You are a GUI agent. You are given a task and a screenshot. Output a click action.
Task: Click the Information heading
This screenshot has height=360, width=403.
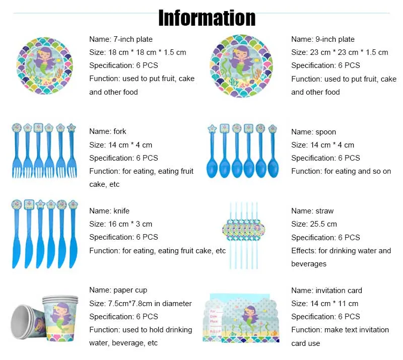pyautogui.click(x=207, y=18)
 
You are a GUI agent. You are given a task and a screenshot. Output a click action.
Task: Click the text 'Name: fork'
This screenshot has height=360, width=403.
pyautogui.click(x=108, y=131)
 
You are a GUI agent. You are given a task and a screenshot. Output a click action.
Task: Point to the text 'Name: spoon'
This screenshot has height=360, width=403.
pyautogui.click(x=313, y=132)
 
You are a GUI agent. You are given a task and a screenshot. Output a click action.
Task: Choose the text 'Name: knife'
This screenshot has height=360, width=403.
pyautogui.click(x=109, y=211)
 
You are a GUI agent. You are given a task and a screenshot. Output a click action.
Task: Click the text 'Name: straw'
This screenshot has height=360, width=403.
pyautogui.click(x=312, y=211)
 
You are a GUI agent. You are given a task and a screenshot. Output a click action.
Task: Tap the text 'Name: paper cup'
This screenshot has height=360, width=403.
pyautogui.click(x=118, y=290)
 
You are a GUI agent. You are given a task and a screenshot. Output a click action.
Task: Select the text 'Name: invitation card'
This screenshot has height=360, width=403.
pyautogui.click(x=326, y=291)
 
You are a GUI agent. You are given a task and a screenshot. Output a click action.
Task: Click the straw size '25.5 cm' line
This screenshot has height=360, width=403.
pyautogui.click(x=314, y=224)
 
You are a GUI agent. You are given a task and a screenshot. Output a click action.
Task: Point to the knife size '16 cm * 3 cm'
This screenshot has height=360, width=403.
pyautogui.click(x=120, y=224)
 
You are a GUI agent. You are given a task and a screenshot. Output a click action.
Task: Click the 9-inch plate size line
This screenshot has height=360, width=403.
pyautogui.click(x=340, y=52)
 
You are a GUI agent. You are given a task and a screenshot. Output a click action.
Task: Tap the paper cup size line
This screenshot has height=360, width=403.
pyautogui.click(x=141, y=304)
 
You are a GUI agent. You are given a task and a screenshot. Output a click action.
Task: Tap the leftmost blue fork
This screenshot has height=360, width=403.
pyautogui.click(x=17, y=151)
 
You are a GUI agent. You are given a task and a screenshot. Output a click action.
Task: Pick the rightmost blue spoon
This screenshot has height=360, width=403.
pyautogui.click(x=273, y=151)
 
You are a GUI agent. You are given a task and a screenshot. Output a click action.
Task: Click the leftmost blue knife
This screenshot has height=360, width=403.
pyautogui.click(x=17, y=234)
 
